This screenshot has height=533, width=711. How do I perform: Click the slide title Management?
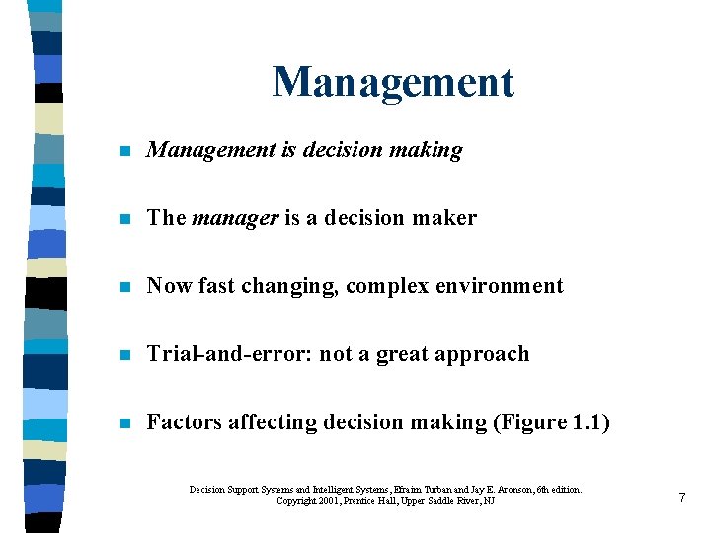[393, 82]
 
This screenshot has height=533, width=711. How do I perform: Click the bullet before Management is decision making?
[121, 152]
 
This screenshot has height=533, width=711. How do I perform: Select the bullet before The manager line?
[121, 220]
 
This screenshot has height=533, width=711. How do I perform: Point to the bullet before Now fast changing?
[121, 288]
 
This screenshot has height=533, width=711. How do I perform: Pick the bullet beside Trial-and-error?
[121, 356]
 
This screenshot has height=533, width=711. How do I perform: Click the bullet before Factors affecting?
[121, 424]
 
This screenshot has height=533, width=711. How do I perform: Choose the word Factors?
[184, 422]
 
